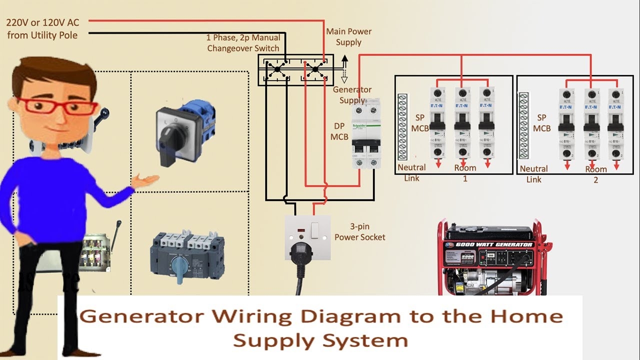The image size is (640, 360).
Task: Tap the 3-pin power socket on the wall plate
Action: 307,237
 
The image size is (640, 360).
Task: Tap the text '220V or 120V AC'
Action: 42,22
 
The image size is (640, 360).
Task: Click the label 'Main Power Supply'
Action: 348,36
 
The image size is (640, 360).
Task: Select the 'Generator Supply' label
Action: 352,95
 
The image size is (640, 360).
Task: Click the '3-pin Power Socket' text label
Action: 360,232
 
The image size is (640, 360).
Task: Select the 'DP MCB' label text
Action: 340,131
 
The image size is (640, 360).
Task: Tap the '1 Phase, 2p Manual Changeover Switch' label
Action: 244,43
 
